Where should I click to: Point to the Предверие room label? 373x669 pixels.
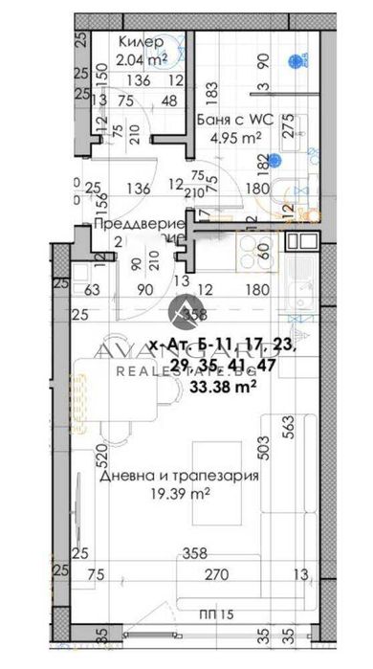[x=131, y=223]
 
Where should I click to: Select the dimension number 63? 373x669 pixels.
[x=93, y=286]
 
